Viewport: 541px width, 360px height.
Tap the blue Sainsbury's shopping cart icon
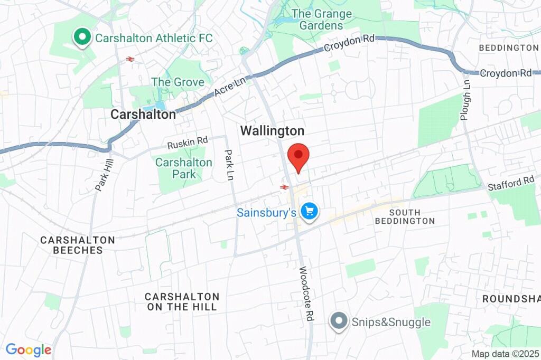tap(309, 212)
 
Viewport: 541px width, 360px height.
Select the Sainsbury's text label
tap(266, 213)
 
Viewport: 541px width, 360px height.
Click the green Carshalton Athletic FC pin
tap(82, 37)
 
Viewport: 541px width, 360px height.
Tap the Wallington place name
tap(272, 131)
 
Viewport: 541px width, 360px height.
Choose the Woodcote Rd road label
tap(306, 294)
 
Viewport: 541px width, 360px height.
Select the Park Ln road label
tap(229, 165)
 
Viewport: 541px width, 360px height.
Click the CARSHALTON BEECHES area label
tap(78, 245)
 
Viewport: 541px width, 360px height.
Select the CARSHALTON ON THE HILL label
tap(182, 301)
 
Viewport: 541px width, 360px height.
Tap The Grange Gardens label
tap(321, 20)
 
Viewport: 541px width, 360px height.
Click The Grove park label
tap(178, 82)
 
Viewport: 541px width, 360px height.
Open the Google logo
tap(29, 349)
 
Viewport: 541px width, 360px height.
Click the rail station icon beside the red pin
tap(284, 187)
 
